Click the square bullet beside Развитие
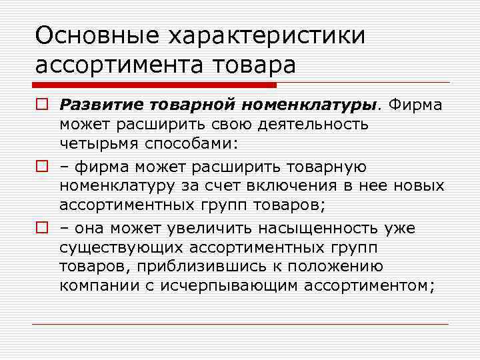tap(41, 105)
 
